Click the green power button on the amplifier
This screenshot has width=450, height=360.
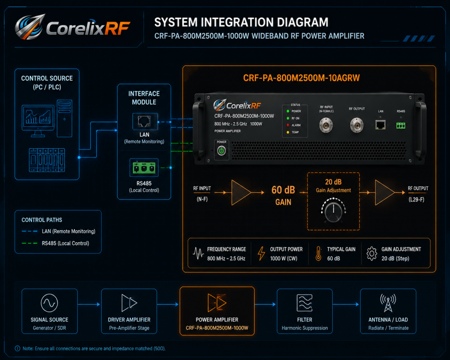pyautogui.click(x=221, y=150)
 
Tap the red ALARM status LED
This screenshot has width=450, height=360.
pyautogui.click(x=288, y=125)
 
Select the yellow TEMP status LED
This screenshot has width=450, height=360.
pyautogui.click(x=288, y=132)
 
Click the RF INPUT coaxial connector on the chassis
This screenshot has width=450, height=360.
pyautogui.click(x=326, y=125)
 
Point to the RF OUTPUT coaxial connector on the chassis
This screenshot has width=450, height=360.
pyautogui.click(x=357, y=125)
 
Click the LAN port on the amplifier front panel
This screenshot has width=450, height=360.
pyautogui.click(x=381, y=125)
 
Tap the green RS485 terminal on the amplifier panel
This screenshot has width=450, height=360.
pyautogui.click(x=401, y=125)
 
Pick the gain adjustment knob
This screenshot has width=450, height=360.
pyautogui.click(x=333, y=212)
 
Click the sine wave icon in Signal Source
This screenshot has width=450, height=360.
pyautogui.click(x=49, y=303)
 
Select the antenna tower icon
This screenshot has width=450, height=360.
pyautogui.click(x=388, y=303)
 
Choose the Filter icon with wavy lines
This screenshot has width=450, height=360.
pyautogui.click(x=305, y=303)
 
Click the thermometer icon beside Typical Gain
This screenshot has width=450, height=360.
pyautogui.click(x=318, y=254)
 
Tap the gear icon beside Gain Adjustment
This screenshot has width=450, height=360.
pyautogui.click(x=372, y=254)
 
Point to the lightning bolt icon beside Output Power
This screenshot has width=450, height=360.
pyautogui.click(x=261, y=254)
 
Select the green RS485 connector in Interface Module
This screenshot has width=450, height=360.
pyautogui.click(x=144, y=167)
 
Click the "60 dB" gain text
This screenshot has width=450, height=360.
pyautogui.click(x=283, y=190)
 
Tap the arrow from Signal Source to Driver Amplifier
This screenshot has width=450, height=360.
pyautogui.click(x=89, y=304)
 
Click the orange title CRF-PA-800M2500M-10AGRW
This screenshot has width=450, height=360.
pyautogui.click(x=301, y=78)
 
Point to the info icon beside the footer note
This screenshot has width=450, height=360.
pyautogui.click(x=18, y=349)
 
